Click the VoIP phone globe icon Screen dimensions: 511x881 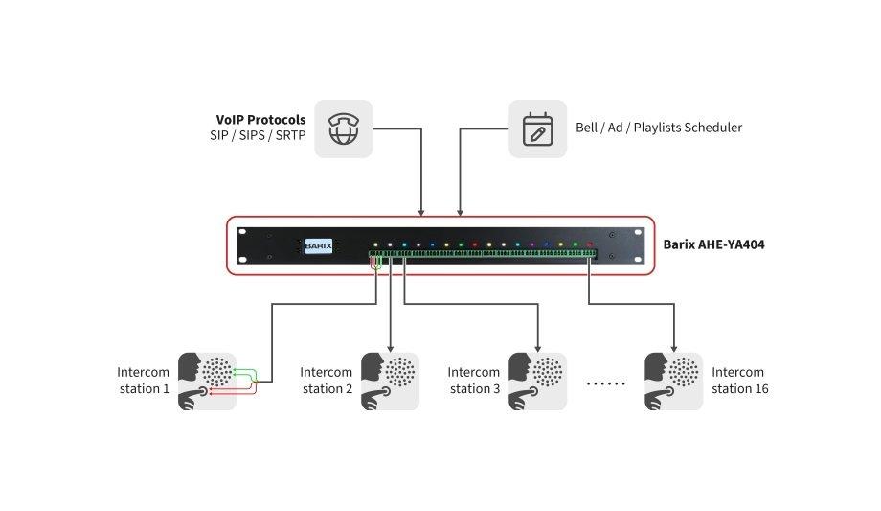coord(343,128)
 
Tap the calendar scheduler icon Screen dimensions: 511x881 coord(537,128)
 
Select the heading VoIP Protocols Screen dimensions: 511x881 coord(261,120)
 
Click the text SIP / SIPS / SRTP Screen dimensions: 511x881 coord(258,136)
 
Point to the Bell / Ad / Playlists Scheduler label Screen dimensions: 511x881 coord(658,128)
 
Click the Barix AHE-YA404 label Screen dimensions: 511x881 coord(713,244)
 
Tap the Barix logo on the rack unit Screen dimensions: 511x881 coord(318,245)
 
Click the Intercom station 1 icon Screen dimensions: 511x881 coord(207,381)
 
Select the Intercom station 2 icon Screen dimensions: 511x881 coord(390,381)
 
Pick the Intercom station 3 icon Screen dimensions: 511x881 coord(537,381)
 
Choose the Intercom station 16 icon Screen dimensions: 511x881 coord(673,381)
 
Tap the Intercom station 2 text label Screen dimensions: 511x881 coord(327,381)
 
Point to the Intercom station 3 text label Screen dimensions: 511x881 coord(474,381)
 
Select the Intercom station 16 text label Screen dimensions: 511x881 coord(738,381)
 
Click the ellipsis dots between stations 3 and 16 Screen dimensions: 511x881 coord(605,383)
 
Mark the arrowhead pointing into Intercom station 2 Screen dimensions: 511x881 coord(390,347)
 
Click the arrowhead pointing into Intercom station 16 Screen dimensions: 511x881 coord(673,347)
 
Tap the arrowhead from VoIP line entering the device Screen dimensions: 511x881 coord(421,212)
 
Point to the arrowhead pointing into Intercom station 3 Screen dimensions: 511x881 coord(537,347)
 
